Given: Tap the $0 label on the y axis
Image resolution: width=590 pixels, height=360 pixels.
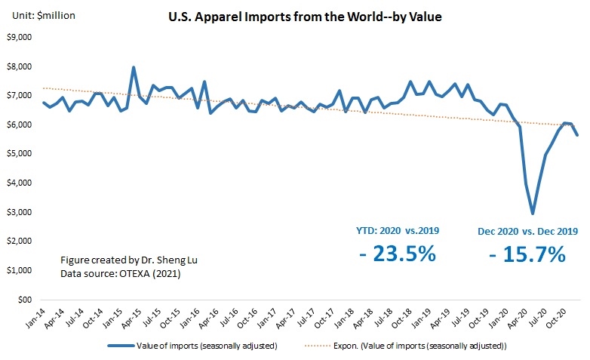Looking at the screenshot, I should (x=25, y=300).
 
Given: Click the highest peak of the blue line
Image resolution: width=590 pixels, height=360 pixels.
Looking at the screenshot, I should (x=134, y=67).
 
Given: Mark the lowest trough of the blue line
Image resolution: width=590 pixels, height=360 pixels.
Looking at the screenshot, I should (x=533, y=214).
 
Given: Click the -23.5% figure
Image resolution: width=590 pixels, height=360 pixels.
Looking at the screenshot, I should (x=397, y=254).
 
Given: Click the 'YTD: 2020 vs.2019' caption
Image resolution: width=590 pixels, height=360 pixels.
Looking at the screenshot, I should (x=398, y=230).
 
